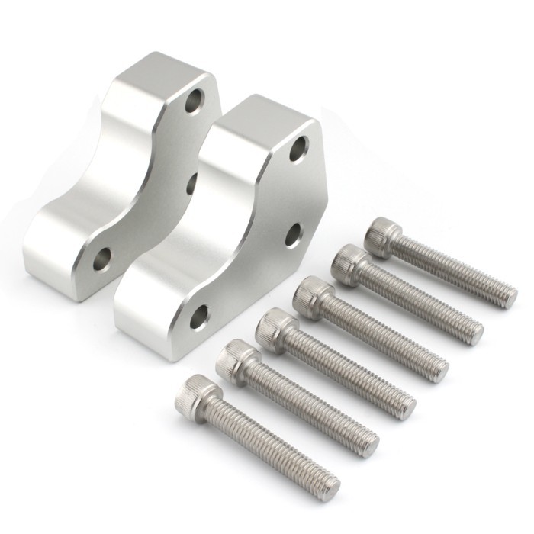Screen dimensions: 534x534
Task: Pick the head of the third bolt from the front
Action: tap(276, 327)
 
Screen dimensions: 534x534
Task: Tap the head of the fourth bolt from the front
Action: tap(313, 295)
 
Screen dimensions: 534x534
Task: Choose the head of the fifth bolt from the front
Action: tap(349, 264)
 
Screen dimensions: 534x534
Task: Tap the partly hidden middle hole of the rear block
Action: tap(191, 182)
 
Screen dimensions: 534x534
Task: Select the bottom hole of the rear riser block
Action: tap(102, 259)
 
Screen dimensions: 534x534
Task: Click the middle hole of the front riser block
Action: tap(294, 234)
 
